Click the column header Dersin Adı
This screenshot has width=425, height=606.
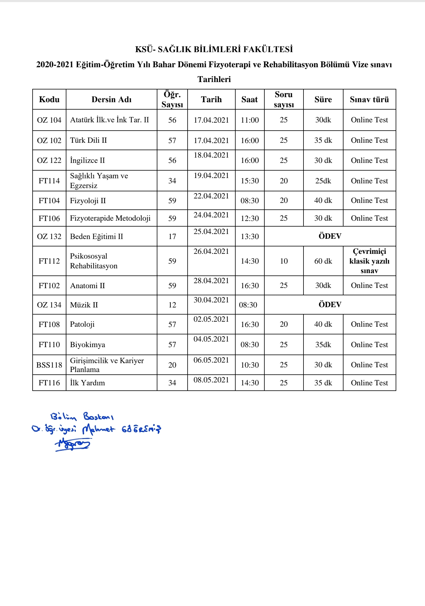click(111, 100)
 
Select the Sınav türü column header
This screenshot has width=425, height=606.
click(369, 100)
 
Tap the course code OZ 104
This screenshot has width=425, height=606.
click(49, 120)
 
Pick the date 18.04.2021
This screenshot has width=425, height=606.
click(211, 155)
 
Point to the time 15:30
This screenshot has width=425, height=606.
click(250, 181)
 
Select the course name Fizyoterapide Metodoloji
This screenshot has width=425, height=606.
click(110, 218)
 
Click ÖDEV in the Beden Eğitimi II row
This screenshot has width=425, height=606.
click(330, 236)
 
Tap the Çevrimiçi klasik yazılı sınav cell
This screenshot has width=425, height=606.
click(369, 261)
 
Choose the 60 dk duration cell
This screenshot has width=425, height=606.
click(323, 261)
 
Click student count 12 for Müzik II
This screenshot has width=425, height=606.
click(172, 305)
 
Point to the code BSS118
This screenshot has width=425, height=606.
click(49, 365)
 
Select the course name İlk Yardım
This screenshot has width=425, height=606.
click(87, 383)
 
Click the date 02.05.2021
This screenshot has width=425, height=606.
click(211, 319)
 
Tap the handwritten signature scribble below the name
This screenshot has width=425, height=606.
click(73, 444)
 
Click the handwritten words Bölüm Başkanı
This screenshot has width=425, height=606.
click(82, 417)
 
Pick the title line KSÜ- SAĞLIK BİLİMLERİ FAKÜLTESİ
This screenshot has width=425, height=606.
click(214, 49)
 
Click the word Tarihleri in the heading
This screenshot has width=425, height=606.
click(214, 79)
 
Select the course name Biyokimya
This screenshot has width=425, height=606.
click(87, 344)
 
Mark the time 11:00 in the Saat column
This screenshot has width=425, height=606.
click(250, 120)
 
